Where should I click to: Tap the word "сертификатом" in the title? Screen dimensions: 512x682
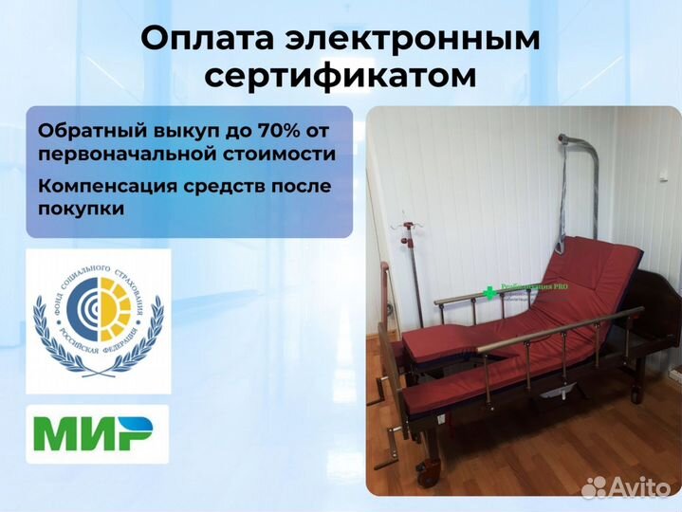point(341,77)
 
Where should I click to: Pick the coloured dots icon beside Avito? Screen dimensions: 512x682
point(595,486)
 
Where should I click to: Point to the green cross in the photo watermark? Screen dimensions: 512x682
point(490,293)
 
